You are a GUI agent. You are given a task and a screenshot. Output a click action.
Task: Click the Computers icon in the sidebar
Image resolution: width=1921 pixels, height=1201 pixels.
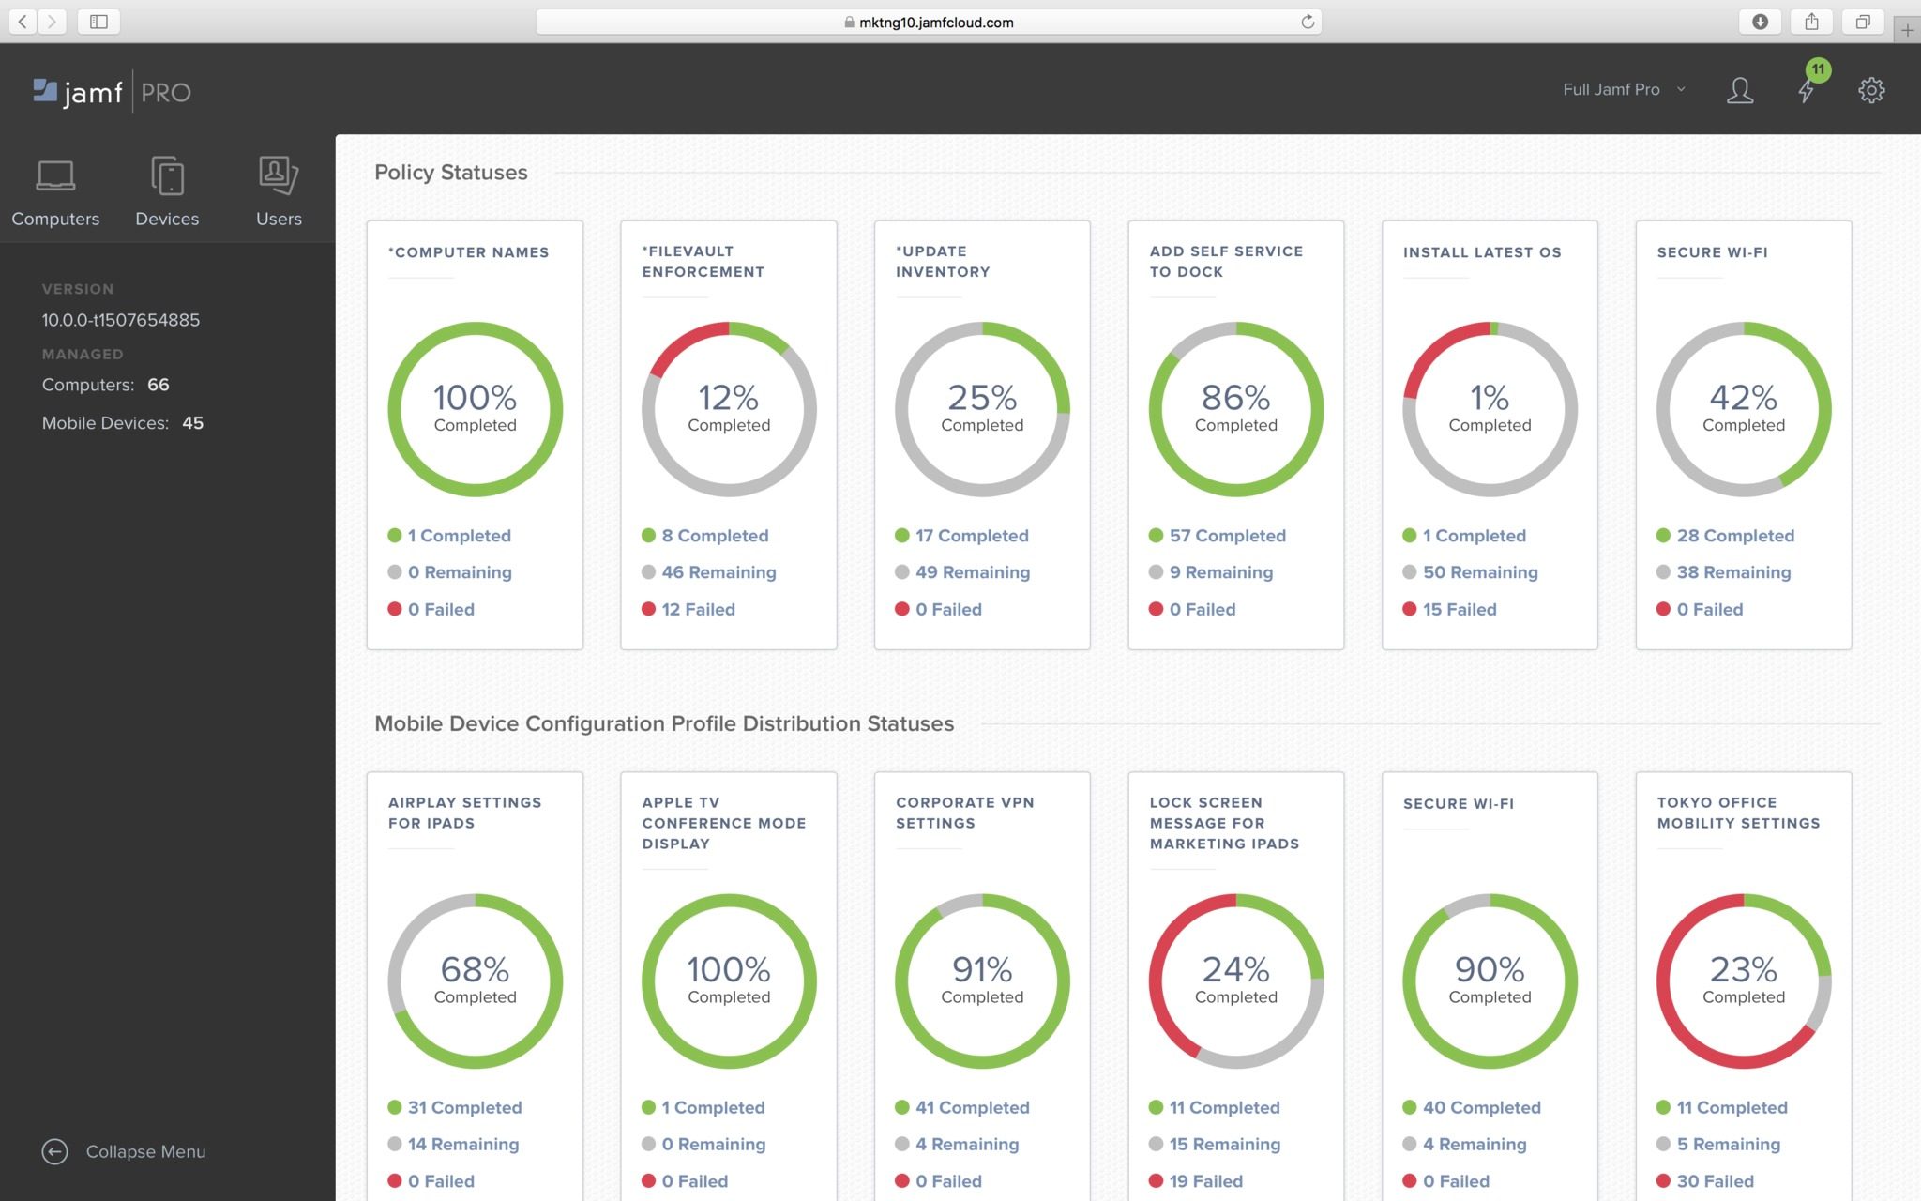(x=55, y=175)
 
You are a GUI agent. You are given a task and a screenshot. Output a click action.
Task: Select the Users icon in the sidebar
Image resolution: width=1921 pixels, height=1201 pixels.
(x=279, y=175)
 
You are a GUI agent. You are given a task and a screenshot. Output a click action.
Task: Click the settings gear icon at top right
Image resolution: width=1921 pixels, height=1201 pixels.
(x=1871, y=90)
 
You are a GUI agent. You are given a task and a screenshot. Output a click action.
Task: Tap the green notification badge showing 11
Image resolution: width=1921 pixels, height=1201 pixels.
(x=1818, y=69)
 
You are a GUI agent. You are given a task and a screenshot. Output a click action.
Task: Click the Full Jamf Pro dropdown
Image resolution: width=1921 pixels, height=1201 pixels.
(x=1623, y=90)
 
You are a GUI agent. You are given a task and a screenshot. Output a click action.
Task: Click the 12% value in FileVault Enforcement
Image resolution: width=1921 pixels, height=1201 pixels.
(x=729, y=398)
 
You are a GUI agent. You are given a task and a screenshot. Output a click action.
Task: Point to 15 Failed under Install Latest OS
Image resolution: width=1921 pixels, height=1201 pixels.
(x=1459, y=609)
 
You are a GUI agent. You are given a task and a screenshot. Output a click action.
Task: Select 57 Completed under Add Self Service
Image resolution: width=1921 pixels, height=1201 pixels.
(x=1226, y=536)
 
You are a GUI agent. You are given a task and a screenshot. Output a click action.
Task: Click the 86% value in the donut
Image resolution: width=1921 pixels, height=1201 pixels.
(x=1235, y=398)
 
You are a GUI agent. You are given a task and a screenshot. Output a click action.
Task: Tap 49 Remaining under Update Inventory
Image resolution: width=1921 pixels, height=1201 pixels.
(x=972, y=572)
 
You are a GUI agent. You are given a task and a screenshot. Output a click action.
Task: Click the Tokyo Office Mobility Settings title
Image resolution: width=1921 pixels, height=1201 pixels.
(x=1737, y=813)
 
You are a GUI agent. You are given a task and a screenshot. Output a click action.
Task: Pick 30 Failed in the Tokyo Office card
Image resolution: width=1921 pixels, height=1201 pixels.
(x=1714, y=1181)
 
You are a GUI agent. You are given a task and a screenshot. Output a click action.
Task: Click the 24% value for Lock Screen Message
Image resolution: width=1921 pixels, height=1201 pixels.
(x=1235, y=969)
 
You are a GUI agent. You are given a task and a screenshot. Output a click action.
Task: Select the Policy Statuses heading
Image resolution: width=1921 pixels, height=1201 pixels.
(x=451, y=173)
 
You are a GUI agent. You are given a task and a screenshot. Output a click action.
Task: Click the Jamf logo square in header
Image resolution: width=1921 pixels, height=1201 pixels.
(x=45, y=90)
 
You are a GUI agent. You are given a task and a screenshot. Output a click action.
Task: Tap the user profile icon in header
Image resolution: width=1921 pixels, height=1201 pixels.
(x=1740, y=90)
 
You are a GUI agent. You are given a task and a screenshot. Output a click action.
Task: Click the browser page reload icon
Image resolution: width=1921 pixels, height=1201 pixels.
(x=1307, y=22)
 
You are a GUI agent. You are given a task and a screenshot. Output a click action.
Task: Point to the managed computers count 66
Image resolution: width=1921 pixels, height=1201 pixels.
(x=159, y=385)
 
